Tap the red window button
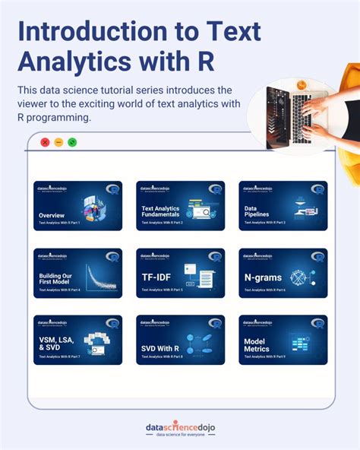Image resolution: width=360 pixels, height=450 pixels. point(45,142)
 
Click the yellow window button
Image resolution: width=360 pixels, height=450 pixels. point(58,142)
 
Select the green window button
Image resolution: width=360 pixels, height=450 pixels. point(72,142)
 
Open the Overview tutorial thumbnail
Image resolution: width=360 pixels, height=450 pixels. point(77,206)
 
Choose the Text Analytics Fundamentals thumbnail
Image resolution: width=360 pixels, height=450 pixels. point(180,206)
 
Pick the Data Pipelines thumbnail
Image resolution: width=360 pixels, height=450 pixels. point(283,206)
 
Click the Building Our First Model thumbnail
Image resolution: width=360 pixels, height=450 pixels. point(77,273)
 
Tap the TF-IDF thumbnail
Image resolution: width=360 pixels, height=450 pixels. point(180,273)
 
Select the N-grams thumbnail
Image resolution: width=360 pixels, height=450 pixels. point(283,273)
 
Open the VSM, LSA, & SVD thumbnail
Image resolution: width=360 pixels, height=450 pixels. point(77,340)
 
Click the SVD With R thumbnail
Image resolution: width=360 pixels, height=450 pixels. point(180,340)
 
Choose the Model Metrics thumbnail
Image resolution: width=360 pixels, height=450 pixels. point(283,340)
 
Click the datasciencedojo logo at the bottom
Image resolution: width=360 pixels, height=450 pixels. point(180,427)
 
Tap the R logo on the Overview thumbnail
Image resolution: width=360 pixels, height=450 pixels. point(112,189)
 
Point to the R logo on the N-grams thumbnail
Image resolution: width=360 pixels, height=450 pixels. point(317,256)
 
